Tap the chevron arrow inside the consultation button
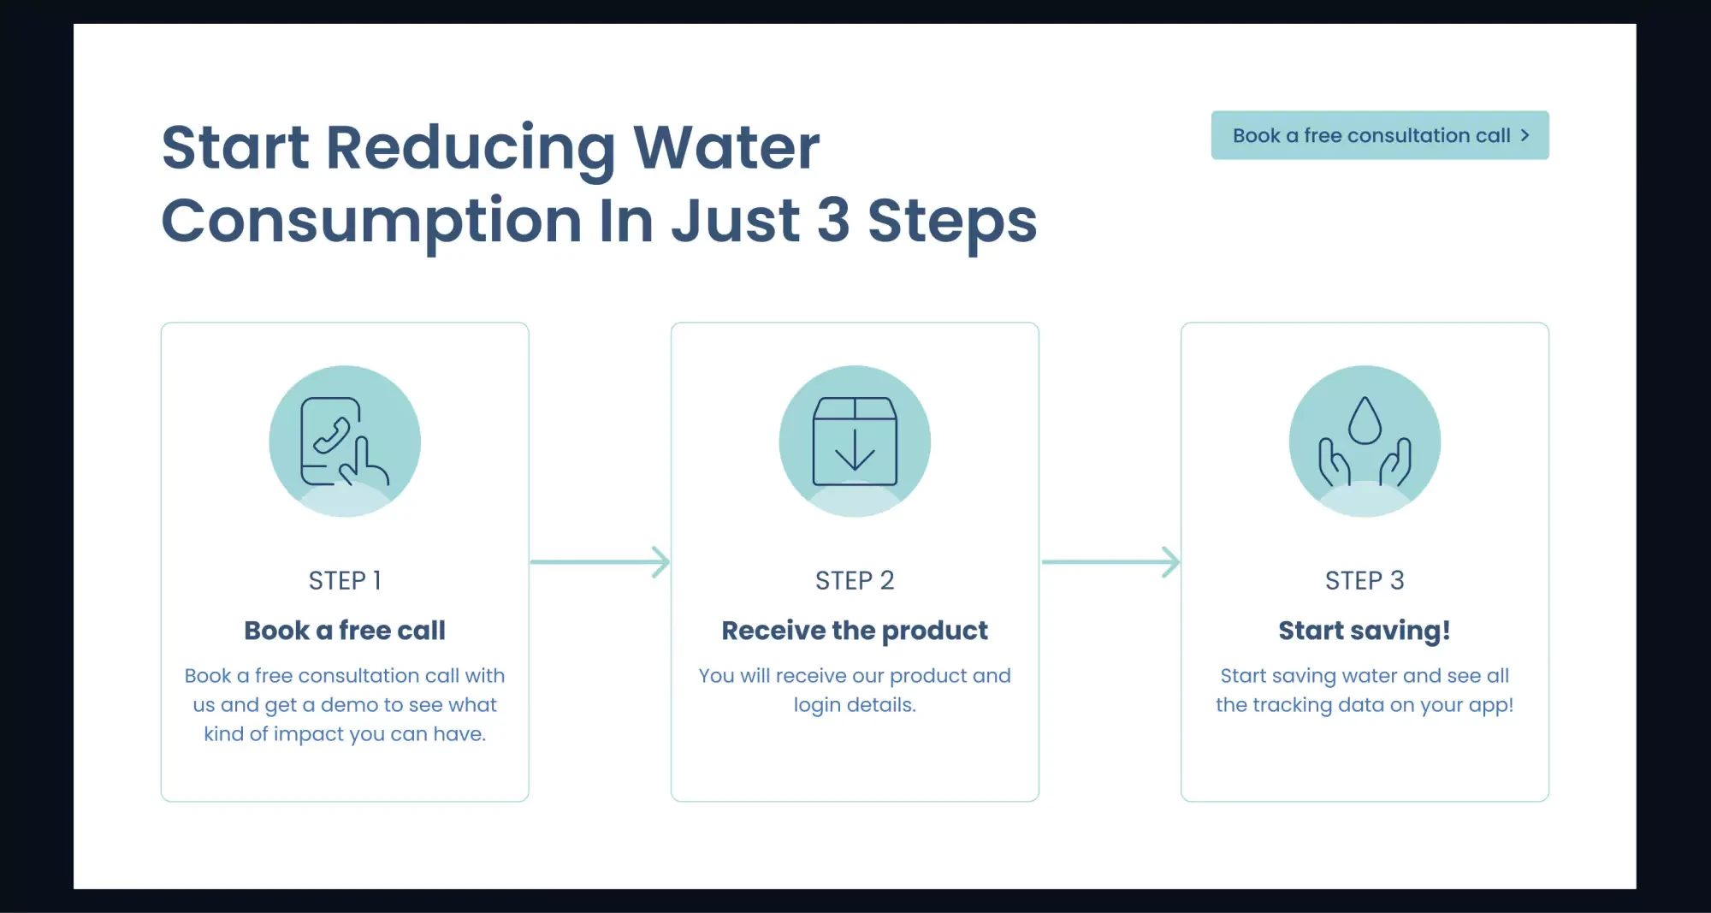(x=1525, y=135)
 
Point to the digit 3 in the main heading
(x=833, y=220)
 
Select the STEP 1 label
(x=345, y=580)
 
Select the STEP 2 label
(x=855, y=580)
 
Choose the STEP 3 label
(x=1365, y=580)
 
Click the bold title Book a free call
(x=345, y=631)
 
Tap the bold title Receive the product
(x=855, y=631)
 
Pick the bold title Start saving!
(x=1365, y=631)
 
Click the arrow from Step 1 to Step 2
(x=600, y=562)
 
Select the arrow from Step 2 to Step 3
(x=1110, y=562)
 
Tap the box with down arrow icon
(x=855, y=442)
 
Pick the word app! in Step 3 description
(x=1491, y=705)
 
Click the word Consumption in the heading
(x=371, y=221)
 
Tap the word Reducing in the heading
(x=471, y=147)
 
